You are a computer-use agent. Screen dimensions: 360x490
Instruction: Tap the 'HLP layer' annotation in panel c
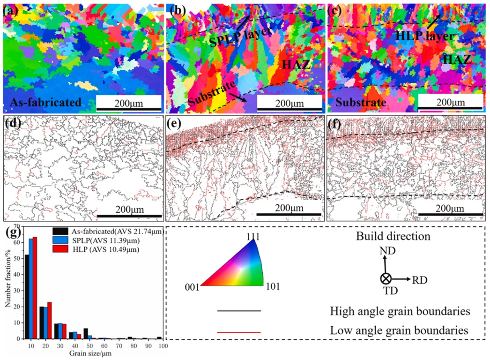point(423,36)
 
